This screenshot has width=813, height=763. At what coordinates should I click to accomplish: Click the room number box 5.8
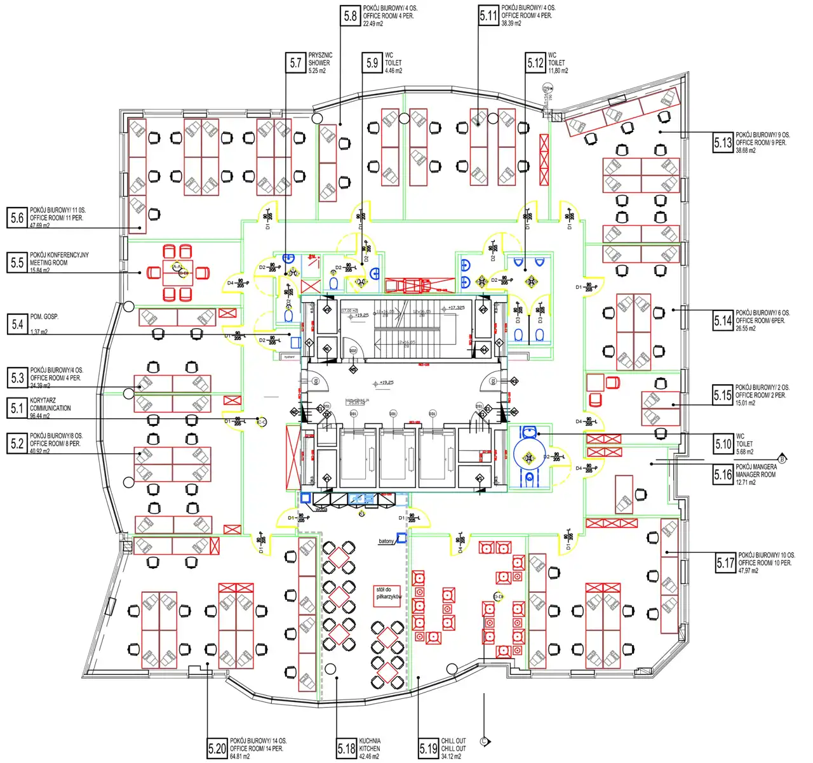click(x=350, y=16)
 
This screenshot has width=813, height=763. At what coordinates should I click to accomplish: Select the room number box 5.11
click(x=488, y=16)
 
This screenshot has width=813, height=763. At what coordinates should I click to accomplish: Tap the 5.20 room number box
click(x=217, y=748)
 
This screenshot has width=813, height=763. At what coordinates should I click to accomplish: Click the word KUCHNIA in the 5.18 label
click(x=370, y=741)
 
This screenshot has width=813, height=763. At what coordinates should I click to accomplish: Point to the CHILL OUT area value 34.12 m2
click(x=451, y=756)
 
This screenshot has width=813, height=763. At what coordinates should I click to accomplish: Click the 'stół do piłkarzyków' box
click(x=388, y=594)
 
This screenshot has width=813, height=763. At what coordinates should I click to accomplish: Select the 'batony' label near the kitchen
click(x=386, y=541)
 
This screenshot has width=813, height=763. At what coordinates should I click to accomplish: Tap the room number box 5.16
click(x=723, y=474)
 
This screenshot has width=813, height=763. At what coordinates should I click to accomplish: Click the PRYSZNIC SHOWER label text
click(x=319, y=59)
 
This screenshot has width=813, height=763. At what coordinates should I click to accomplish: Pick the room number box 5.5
click(x=17, y=262)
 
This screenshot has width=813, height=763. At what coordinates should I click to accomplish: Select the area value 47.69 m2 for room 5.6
click(x=40, y=225)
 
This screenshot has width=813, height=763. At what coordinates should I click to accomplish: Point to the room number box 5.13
click(x=723, y=143)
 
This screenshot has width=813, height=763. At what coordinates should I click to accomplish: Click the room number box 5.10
click(x=723, y=444)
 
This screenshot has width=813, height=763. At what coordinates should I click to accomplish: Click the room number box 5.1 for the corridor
click(x=17, y=408)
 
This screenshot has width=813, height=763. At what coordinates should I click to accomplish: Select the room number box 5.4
click(x=17, y=324)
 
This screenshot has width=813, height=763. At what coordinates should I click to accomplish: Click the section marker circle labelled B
click(x=782, y=458)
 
